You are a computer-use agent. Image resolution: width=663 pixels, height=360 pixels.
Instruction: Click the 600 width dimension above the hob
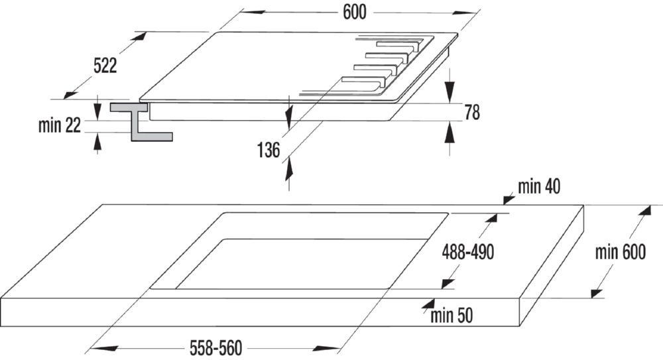[354, 13]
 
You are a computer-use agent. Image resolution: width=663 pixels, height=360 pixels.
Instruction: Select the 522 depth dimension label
[105, 66]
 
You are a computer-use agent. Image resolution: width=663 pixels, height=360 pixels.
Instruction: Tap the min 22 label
[59, 126]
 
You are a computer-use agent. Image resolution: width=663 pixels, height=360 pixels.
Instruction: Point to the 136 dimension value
[269, 150]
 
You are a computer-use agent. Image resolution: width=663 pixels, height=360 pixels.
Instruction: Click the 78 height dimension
[472, 112]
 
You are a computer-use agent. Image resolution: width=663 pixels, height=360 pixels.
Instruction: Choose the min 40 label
[539, 186]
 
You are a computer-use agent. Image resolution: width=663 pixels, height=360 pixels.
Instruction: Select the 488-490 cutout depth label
[467, 253]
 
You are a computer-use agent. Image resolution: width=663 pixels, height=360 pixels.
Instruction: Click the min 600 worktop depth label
[621, 252]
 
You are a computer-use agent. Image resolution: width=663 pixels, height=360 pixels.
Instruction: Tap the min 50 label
[452, 316]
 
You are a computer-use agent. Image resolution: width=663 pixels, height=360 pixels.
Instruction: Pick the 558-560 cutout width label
[215, 348]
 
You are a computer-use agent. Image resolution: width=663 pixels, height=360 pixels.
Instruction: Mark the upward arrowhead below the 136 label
[289, 169]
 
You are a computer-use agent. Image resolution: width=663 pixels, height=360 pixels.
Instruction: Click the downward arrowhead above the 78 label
[450, 91]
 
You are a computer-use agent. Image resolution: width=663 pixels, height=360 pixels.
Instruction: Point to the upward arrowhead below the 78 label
[450, 133]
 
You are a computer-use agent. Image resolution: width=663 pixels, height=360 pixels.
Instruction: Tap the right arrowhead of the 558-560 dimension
[327, 348]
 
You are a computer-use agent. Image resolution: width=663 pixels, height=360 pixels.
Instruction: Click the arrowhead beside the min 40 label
[508, 199]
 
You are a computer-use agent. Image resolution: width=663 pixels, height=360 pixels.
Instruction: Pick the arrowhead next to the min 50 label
[428, 304]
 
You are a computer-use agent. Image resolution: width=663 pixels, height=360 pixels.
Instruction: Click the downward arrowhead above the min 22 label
[97, 111]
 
